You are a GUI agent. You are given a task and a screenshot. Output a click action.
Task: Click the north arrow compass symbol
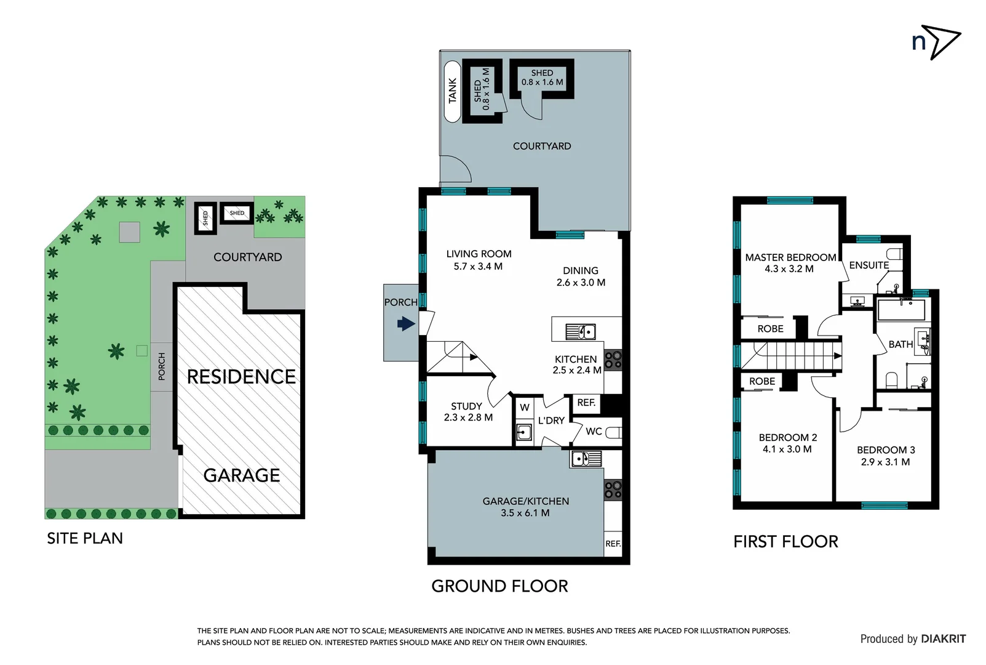pyautogui.click(x=936, y=42)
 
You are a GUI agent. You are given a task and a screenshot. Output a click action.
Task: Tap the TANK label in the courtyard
pyautogui.click(x=453, y=91)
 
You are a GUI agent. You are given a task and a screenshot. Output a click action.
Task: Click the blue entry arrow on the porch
pyautogui.click(x=406, y=323)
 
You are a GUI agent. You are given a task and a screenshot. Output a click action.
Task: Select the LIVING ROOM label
pyautogui.click(x=479, y=254)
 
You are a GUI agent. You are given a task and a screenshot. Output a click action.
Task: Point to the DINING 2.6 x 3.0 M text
pyautogui.click(x=581, y=276)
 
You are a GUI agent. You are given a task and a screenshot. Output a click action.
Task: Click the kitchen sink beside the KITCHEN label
pyautogui.click(x=580, y=332)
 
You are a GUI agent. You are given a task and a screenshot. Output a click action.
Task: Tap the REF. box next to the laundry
pyautogui.click(x=586, y=403)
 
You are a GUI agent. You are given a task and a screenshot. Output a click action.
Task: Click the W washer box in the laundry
pyautogui.click(x=524, y=407)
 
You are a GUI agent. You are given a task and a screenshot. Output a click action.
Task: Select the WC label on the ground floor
pyautogui.click(x=594, y=431)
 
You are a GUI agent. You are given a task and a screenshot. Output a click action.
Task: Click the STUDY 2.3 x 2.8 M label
pyautogui.click(x=467, y=411)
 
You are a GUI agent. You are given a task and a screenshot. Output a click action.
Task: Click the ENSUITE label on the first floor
pyautogui.click(x=869, y=265)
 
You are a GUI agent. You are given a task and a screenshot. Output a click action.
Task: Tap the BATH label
pyautogui.click(x=900, y=344)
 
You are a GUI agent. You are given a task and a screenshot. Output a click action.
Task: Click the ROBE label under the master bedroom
pyautogui.click(x=770, y=329)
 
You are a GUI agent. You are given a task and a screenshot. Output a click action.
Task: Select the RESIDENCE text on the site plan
pyautogui.click(x=241, y=376)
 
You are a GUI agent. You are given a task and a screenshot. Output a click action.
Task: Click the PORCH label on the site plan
pyautogui.click(x=162, y=366)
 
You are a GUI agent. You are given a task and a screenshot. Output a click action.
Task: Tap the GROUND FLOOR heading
pyautogui.click(x=499, y=586)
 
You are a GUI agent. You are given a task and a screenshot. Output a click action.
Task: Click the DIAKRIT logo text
pyautogui.click(x=943, y=639)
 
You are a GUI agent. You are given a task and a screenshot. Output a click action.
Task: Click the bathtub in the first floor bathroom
pyautogui.click(x=901, y=310)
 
